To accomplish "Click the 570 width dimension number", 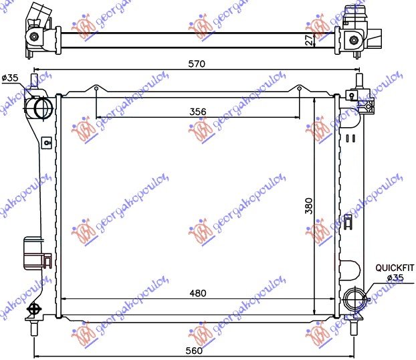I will pos(196,64).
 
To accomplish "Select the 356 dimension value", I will pos(197,111).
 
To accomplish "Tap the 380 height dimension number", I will pos(308,207).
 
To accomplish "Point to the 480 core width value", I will pos(197,293).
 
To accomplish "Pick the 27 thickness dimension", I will pos(308,39).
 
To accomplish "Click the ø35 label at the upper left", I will pos(10,78).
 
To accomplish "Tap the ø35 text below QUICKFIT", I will pos(395,277).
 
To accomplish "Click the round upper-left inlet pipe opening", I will pos(41,108).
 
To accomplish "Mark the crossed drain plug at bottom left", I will pos(33,309).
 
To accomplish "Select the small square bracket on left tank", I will pos(45,142).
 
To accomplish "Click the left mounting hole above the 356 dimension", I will pos(96,89).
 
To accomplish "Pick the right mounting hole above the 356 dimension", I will pos(298,89).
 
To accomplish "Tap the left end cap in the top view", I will pos(37,25).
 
